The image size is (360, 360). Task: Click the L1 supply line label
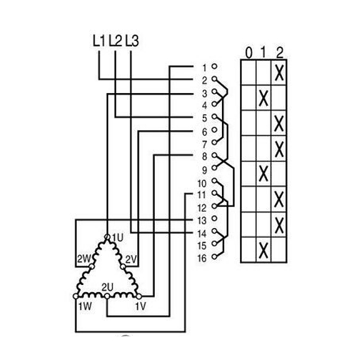point(99,41)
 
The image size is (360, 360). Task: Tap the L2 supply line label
point(115,41)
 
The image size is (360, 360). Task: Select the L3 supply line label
point(132,41)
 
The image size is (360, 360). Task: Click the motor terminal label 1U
point(118,238)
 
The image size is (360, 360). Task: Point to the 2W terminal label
point(84,259)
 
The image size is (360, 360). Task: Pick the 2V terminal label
point(131,260)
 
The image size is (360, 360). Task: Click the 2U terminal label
point(107,287)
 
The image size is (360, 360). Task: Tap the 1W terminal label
point(85,306)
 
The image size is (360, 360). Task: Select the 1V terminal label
point(140,306)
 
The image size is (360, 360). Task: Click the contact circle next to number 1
point(214,67)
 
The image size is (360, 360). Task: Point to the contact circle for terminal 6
point(214,130)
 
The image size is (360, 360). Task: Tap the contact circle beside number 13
point(214,218)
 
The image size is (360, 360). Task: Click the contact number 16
point(202,258)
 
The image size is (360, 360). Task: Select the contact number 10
point(202,184)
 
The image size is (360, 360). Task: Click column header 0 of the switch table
point(248,53)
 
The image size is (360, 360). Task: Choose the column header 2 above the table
point(280,53)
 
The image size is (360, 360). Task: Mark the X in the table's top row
point(279,73)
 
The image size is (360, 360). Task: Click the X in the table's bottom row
point(263,250)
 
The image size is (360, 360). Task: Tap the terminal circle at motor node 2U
point(107,296)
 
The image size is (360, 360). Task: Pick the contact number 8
point(205,157)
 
